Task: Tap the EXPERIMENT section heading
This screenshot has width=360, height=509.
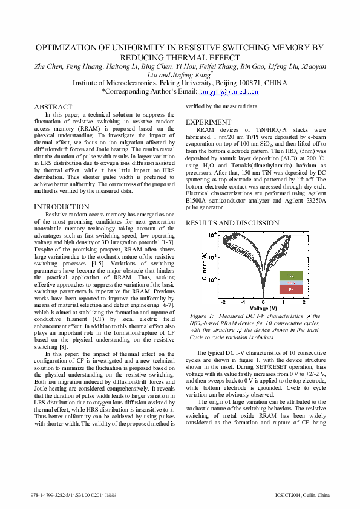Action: pyautogui.click(x=208, y=122)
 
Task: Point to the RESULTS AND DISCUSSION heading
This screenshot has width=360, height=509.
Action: pyautogui.click(x=232, y=223)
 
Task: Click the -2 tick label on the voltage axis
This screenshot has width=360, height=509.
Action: pyautogui.click(x=223, y=301)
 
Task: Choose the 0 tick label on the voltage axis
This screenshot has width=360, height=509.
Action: pyautogui.click(x=263, y=301)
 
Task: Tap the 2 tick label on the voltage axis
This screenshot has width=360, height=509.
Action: pyautogui.click(x=303, y=301)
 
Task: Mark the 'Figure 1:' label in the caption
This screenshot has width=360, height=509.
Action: pyautogui.click(x=202, y=316)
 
